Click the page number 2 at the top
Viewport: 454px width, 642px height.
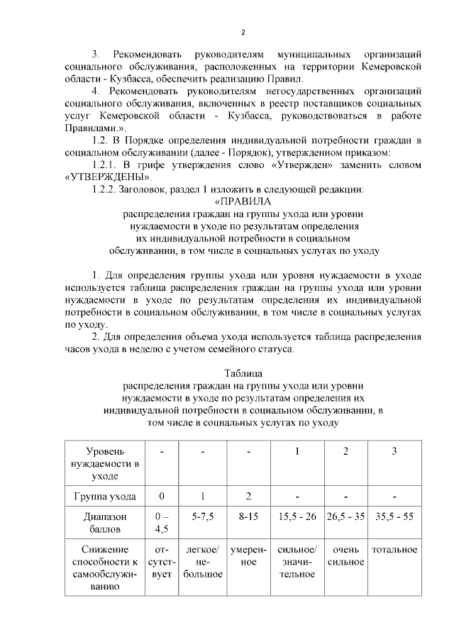pyautogui.click(x=243, y=32)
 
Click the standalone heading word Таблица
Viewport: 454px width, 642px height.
pyautogui.click(x=243, y=373)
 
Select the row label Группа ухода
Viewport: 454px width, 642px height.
pyautogui.click(x=104, y=496)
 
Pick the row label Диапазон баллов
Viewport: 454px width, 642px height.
pyautogui.click(x=104, y=523)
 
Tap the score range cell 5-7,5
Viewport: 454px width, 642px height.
pyautogui.click(x=202, y=516)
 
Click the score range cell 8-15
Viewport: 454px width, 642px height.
pyautogui.click(x=248, y=516)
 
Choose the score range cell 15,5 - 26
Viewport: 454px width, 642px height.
pyautogui.click(x=297, y=516)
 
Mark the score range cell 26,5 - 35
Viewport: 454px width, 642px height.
pyautogui.click(x=345, y=516)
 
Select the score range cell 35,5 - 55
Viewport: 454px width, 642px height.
pyautogui.click(x=394, y=516)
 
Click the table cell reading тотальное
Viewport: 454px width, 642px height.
pyautogui.click(x=394, y=550)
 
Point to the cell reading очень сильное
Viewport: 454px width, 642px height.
pyautogui.click(x=345, y=555)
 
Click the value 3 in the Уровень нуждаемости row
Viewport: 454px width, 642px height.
pyautogui.click(x=394, y=452)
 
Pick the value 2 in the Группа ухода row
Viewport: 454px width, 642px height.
pyautogui.click(x=248, y=496)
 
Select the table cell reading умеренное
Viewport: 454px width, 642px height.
pyautogui.click(x=248, y=555)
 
